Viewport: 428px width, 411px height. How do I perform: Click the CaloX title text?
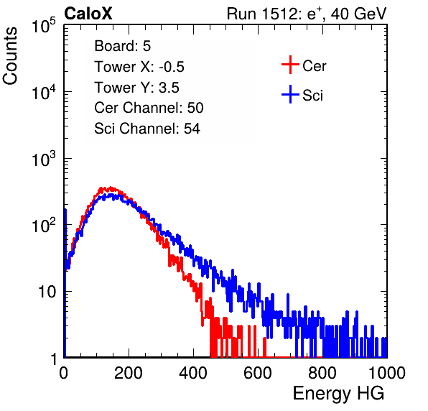point(88,14)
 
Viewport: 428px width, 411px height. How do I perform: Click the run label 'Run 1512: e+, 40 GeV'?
point(307,14)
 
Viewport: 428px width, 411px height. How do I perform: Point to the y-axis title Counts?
point(10,56)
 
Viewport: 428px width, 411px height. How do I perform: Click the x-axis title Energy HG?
point(338,394)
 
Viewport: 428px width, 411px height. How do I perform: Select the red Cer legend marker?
point(290,65)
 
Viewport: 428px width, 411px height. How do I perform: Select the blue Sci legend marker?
point(290,94)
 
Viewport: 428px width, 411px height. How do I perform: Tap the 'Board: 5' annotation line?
point(122,46)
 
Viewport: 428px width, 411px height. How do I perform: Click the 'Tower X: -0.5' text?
point(139,67)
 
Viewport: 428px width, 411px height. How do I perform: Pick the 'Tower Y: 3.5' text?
point(136,88)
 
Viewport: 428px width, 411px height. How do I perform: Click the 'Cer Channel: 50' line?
point(149,108)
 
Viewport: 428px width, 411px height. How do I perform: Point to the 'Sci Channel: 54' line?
point(147,129)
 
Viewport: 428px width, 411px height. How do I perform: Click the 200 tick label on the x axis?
point(129,373)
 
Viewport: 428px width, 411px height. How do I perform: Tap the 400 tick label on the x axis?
point(193,373)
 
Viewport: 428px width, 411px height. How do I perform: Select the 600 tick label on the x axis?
point(258,373)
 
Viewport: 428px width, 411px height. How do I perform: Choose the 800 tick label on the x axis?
point(322,373)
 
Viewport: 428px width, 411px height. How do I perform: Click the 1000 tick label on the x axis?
point(387,373)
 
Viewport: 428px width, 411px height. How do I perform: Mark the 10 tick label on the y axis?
point(47,292)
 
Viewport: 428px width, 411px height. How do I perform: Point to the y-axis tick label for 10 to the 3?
point(44,158)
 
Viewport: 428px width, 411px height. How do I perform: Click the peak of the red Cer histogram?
point(111,188)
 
